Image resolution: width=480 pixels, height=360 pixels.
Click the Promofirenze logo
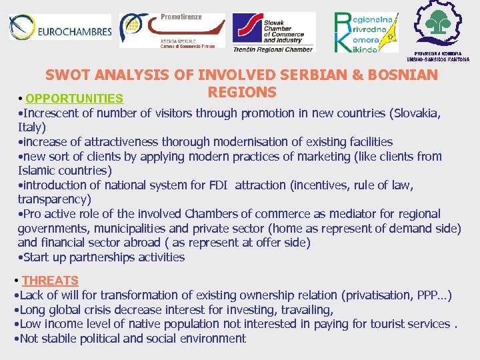pyautogui.click(x=171, y=30)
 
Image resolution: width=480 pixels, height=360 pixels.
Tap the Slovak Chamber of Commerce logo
pyautogui.click(x=272, y=31)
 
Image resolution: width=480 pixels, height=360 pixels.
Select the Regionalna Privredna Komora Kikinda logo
pyautogui.click(x=365, y=32)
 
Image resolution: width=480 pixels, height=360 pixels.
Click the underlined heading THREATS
pyautogui.click(x=50, y=281)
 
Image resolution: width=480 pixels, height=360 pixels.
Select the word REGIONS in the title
pyautogui.click(x=242, y=91)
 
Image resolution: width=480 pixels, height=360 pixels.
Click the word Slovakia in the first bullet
pyautogui.click(x=415, y=113)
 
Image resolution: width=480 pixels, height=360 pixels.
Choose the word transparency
pyautogui.click(x=53, y=199)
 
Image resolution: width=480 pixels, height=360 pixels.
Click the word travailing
pyautogui.click(x=305, y=309)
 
